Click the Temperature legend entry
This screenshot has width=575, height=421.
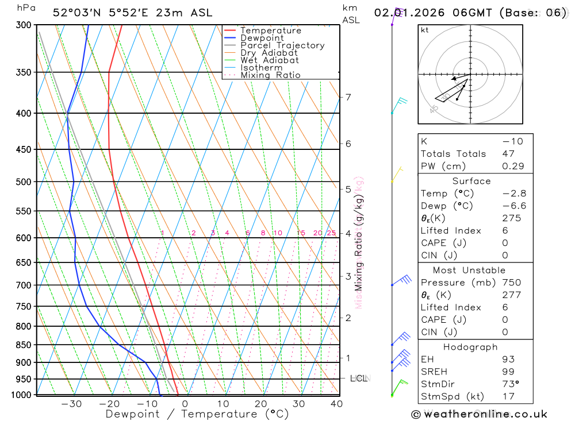pyautogui.click(x=270, y=30)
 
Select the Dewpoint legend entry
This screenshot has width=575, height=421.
pyautogui.click(x=262, y=38)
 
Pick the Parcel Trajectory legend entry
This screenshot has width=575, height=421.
pyautogui.click(x=282, y=45)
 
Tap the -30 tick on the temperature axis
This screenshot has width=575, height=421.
pyautogui.click(x=71, y=404)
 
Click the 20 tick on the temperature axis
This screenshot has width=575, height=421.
pyautogui.click(x=261, y=404)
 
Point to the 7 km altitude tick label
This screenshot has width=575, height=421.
pyautogui.click(x=348, y=96)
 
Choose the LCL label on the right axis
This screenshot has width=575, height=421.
pyautogui.click(x=359, y=378)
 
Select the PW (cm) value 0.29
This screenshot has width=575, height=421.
pyautogui.click(x=513, y=166)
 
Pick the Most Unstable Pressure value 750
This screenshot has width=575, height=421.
pyautogui.click(x=511, y=282)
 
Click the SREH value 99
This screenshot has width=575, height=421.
pyautogui.click(x=508, y=372)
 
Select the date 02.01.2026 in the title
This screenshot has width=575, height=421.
pyautogui.click(x=407, y=13)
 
